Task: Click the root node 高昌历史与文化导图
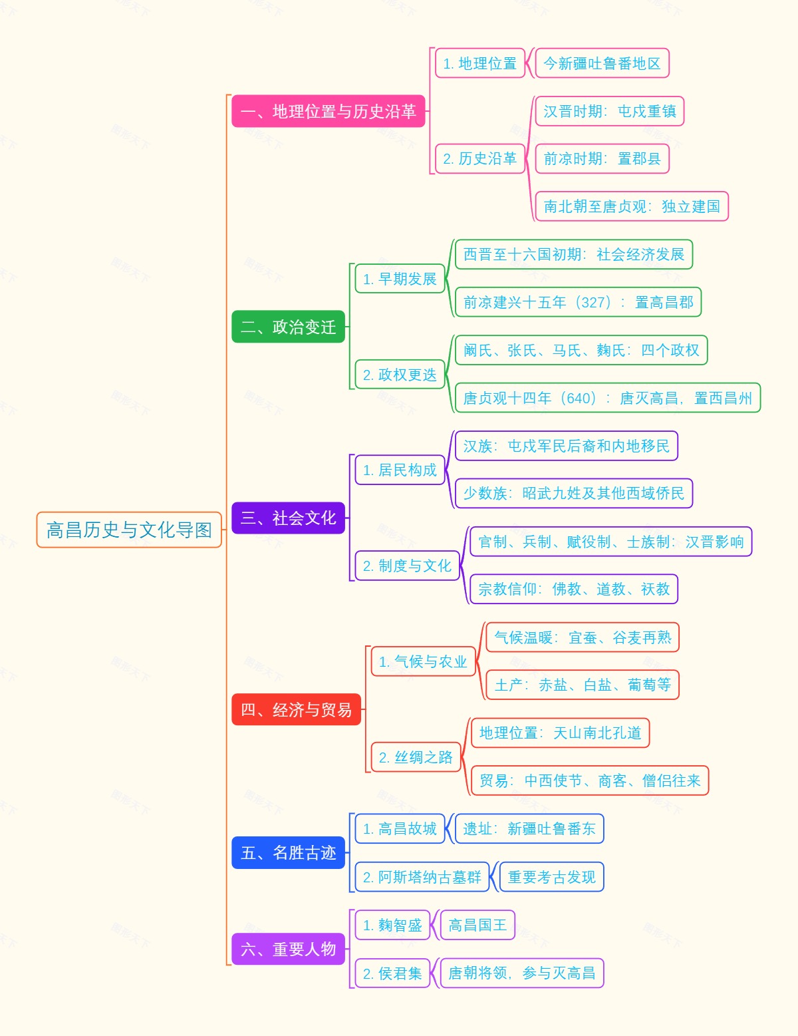[x=129, y=530]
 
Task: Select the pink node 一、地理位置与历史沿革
[x=328, y=111]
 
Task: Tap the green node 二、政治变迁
[x=288, y=327]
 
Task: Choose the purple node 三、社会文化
[x=288, y=518]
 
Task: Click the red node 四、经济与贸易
[x=296, y=709]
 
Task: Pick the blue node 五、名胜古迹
[x=288, y=852]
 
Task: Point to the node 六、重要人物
[x=288, y=949]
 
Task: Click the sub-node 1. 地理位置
[x=479, y=63]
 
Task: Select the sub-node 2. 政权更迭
[x=399, y=375]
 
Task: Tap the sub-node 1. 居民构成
[x=399, y=470]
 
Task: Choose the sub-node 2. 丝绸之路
[x=416, y=757]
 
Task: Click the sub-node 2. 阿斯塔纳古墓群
[x=422, y=877]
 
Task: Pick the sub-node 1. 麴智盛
[x=392, y=925]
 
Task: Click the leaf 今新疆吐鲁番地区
[x=602, y=63]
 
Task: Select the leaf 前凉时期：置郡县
[x=602, y=158]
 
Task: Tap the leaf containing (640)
[x=607, y=398]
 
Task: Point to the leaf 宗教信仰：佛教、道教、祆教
[x=573, y=589]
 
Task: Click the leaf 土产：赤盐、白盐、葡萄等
[x=583, y=685]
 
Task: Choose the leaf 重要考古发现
[x=551, y=877]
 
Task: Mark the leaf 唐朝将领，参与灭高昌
[x=521, y=973]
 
